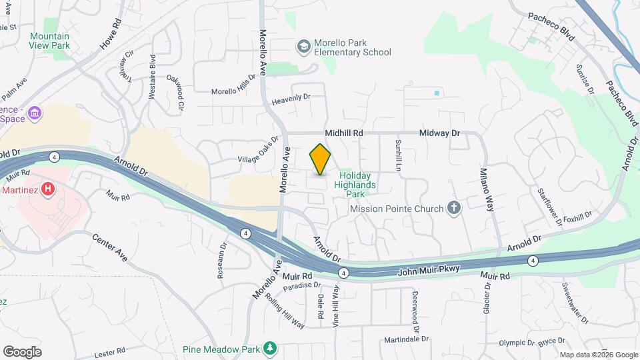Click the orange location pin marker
(320, 159)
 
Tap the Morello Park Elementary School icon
(303, 46)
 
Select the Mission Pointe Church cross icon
(453, 209)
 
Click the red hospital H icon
(47, 190)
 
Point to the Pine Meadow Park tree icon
(269, 349)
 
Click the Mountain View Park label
(50, 41)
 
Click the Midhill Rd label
(344, 133)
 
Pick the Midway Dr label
(440, 133)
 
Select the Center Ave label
(109, 247)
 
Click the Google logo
(22, 351)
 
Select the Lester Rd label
(109, 351)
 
